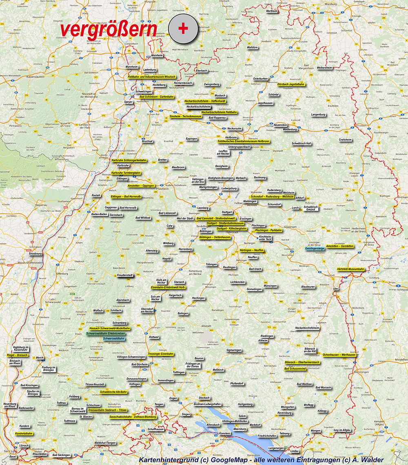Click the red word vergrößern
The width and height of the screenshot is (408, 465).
(108, 30)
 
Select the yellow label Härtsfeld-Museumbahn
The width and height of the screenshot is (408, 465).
(351, 269)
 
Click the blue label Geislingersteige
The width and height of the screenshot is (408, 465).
(315, 248)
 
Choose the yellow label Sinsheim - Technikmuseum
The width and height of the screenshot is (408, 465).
(185, 116)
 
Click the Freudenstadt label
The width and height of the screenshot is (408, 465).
(125, 275)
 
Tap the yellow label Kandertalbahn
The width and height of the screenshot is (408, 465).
(24, 434)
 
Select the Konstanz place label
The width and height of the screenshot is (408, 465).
(225, 433)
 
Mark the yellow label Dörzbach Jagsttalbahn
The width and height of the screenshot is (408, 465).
(290, 84)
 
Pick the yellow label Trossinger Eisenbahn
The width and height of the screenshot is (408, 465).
(160, 354)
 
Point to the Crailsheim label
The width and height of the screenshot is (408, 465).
(345, 139)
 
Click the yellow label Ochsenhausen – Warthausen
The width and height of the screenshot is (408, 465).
(339, 355)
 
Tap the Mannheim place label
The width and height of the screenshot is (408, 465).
(132, 66)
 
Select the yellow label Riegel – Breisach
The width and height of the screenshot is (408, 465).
(18, 355)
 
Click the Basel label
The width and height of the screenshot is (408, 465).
(13, 456)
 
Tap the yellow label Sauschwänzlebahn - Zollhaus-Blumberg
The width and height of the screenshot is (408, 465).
(133, 417)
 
